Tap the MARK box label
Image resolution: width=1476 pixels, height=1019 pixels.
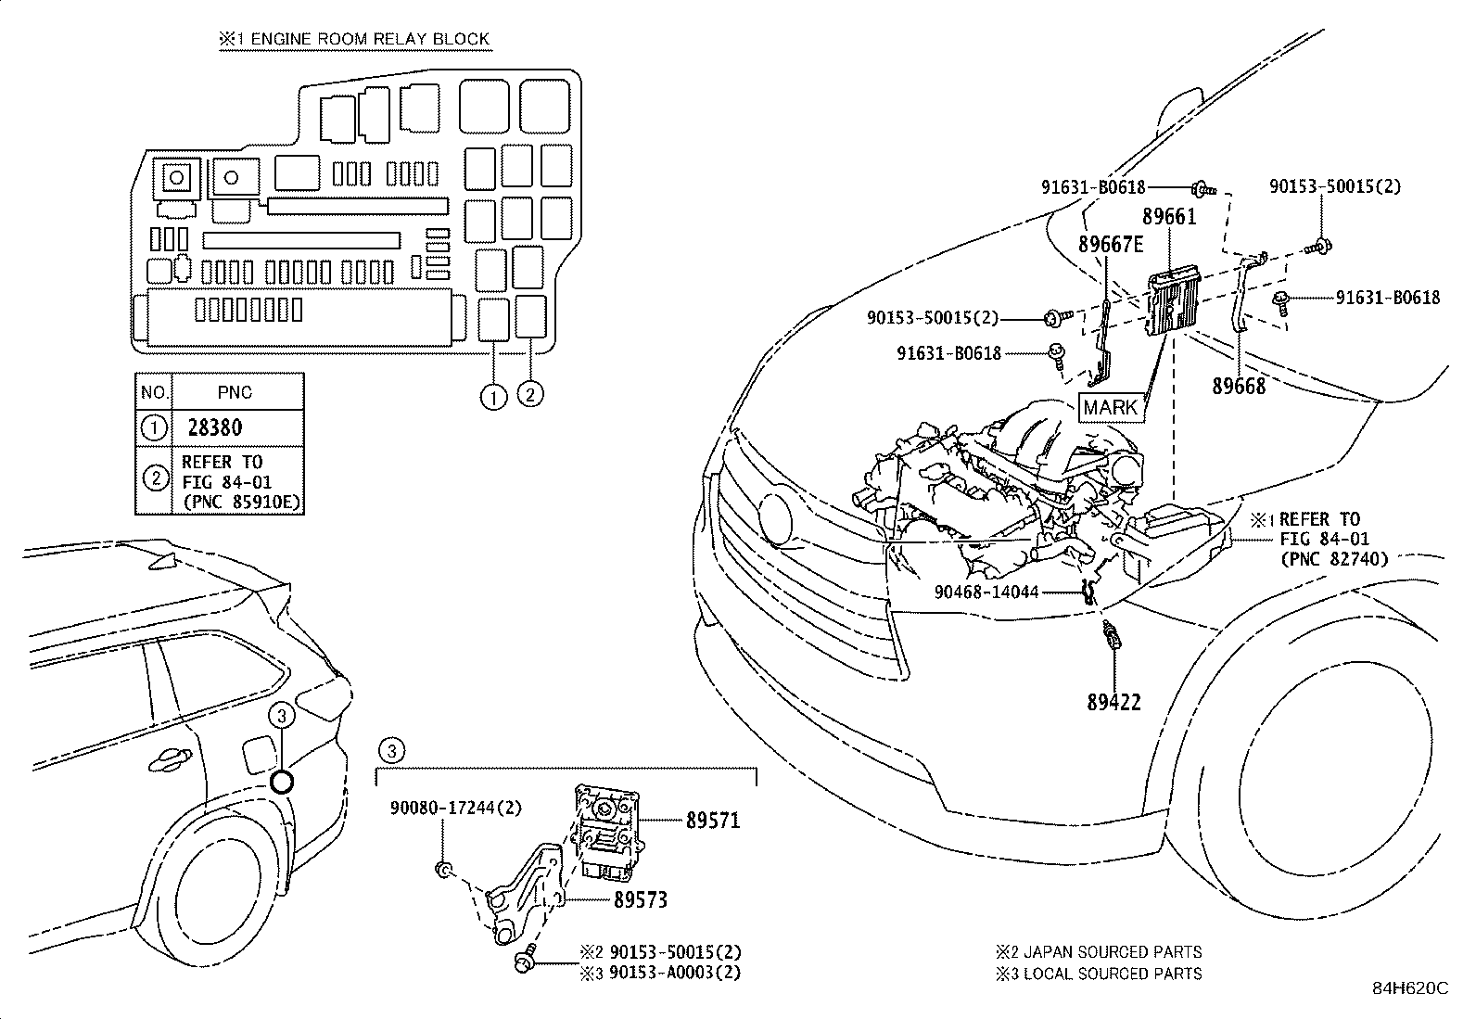1111,407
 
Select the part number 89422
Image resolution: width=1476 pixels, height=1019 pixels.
1113,702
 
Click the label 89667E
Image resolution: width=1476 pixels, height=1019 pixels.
1111,245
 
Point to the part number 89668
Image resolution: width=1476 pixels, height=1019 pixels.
1239,386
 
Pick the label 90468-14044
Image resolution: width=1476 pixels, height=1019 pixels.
986,592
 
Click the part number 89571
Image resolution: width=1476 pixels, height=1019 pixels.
713,820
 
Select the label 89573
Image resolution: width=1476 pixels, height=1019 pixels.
640,899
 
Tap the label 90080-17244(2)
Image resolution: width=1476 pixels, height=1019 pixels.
455,808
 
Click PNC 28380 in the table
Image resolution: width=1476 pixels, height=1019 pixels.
214,427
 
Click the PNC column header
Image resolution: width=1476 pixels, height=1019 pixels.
235,392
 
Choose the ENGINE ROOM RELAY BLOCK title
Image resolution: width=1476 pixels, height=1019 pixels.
354,39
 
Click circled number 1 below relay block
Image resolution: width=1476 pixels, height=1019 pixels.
493,396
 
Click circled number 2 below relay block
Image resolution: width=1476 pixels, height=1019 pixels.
529,394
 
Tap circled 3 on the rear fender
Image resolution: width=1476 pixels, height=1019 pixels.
283,715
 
